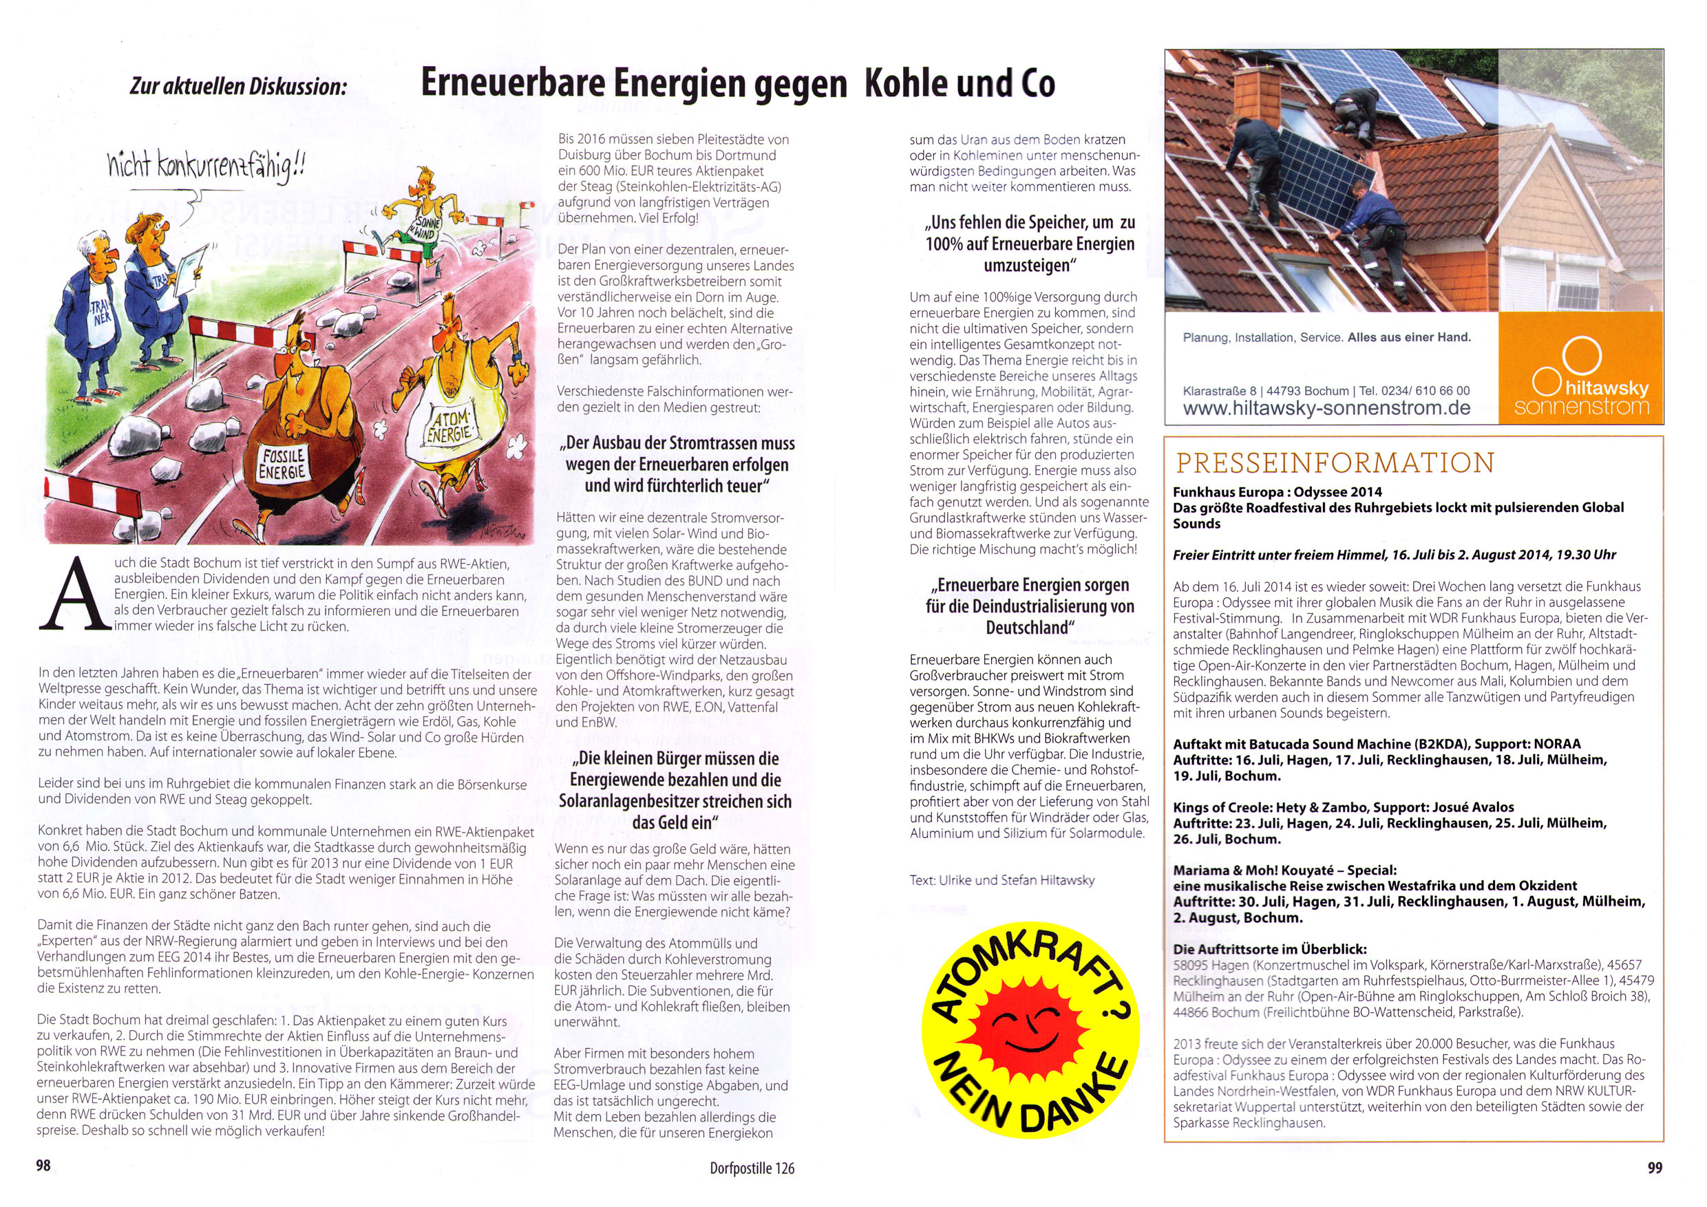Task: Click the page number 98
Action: (44, 1166)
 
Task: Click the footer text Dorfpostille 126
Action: (752, 1168)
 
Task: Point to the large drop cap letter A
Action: (71, 594)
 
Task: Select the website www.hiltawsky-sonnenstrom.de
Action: (1326, 408)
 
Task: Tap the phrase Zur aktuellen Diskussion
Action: (238, 86)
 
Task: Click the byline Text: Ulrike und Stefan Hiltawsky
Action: (1001, 880)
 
